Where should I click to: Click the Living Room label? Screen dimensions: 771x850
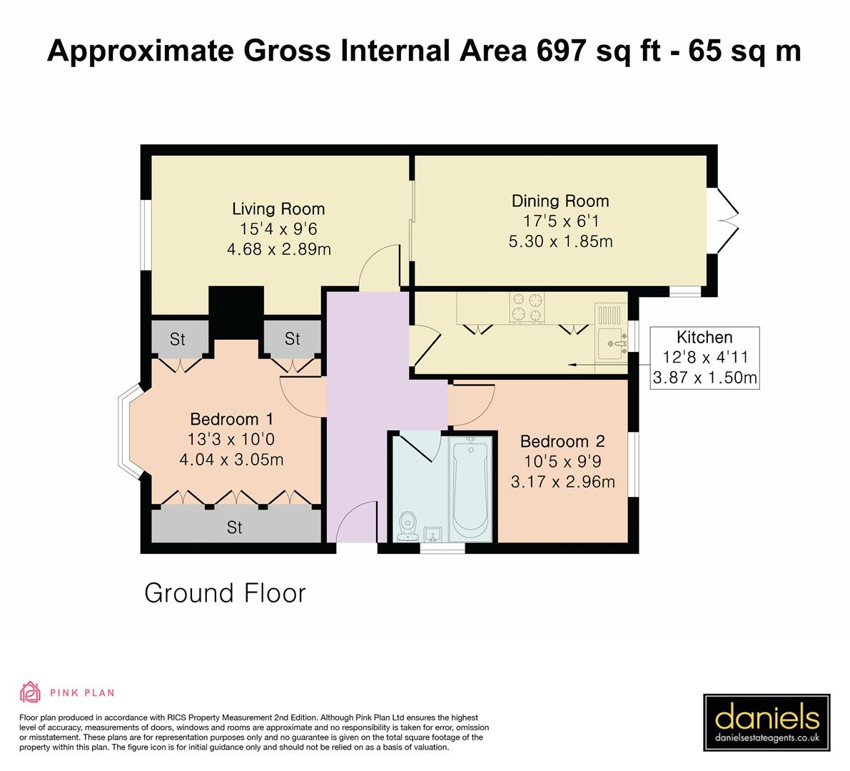point(278,209)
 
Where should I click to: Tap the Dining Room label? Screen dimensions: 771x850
point(560,201)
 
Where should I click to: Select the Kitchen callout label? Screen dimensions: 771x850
point(704,338)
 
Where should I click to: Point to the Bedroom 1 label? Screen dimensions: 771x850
point(231,419)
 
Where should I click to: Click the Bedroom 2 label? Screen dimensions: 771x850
point(562,441)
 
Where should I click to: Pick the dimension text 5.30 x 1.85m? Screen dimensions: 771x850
point(560,241)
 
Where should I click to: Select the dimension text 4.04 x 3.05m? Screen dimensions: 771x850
point(231,459)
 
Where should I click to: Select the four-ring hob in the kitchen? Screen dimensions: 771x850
point(526,307)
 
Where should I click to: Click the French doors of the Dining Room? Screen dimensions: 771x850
point(728,214)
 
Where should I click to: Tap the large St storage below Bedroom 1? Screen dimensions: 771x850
point(235,528)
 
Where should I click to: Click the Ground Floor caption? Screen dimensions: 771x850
point(225,593)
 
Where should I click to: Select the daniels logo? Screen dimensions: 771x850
point(766,723)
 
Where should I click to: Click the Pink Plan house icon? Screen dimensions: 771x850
point(30,692)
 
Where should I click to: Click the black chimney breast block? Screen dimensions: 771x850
point(236,313)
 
